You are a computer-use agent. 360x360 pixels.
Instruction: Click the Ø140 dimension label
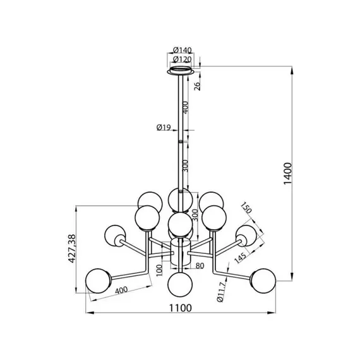click(x=183, y=50)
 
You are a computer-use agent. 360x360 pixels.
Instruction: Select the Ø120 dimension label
click(x=183, y=59)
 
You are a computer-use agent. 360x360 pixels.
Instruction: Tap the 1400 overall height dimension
click(x=287, y=173)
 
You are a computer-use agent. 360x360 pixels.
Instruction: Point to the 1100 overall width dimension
click(x=180, y=308)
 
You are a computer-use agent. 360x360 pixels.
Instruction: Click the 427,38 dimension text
click(x=72, y=248)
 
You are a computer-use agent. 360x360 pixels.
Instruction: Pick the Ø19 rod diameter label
click(x=164, y=127)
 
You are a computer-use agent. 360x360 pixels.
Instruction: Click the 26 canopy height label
click(x=197, y=85)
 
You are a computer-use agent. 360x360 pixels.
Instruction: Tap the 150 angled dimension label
click(x=246, y=208)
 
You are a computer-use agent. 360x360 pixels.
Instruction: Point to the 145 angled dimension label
click(x=241, y=258)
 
